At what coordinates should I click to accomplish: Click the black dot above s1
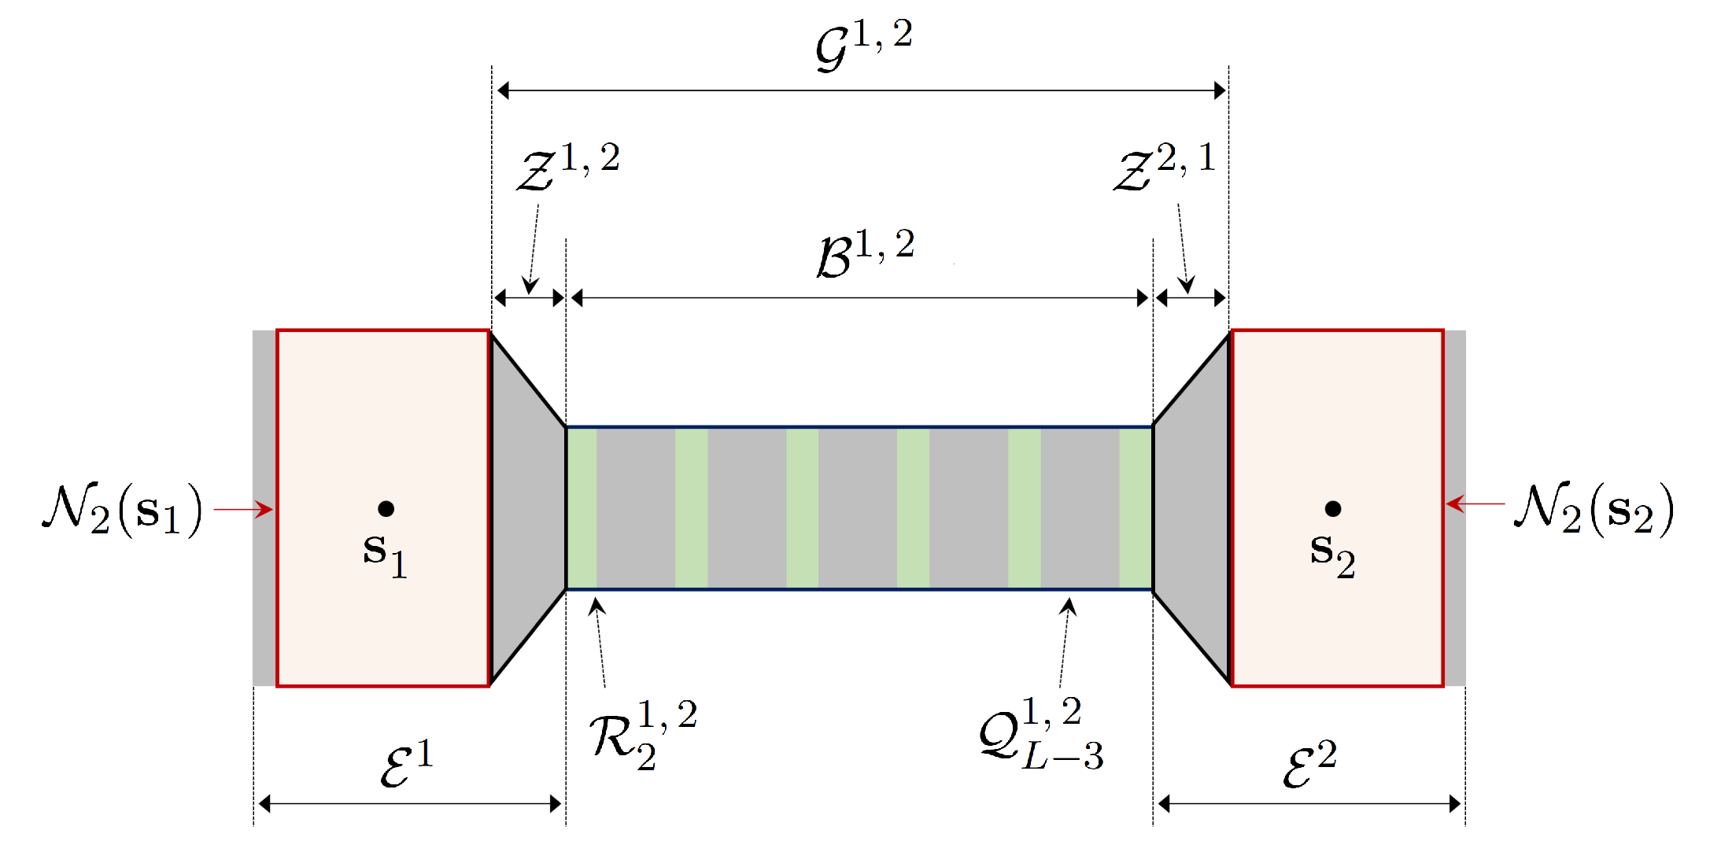(386, 509)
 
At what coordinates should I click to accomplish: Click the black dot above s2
(1332, 509)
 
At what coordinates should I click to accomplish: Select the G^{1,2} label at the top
(863, 45)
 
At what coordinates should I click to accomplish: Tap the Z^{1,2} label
(568, 168)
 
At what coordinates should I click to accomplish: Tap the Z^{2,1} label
(1164, 168)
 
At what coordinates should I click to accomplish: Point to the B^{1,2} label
(865, 253)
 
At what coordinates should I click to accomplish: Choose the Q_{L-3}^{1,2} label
(1040, 734)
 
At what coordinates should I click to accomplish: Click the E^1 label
(406, 764)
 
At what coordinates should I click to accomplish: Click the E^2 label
(1309, 764)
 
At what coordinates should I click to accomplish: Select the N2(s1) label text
(123, 509)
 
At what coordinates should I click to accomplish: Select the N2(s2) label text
(1594, 509)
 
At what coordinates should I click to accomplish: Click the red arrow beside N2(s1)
(243, 510)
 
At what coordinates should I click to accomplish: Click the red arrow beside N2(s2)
(1475, 503)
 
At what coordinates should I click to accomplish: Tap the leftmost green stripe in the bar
(582, 508)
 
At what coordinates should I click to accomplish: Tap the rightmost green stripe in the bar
(1136, 508)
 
